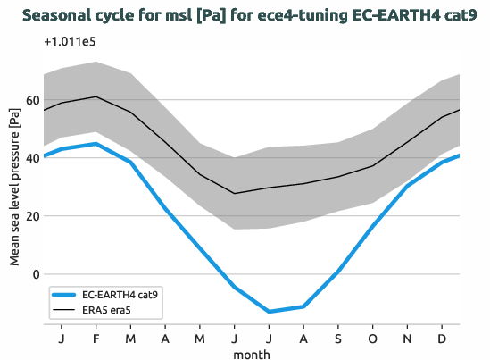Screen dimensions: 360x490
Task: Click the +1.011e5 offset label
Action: (71, 42)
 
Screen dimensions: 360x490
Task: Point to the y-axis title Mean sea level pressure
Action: (14, 188)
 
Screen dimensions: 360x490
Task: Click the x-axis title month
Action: (251, 354)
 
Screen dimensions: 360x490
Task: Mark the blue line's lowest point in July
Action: (270, 312)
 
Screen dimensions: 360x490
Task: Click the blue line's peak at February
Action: (96, 144)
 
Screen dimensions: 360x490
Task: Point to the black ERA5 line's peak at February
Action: (96, 96)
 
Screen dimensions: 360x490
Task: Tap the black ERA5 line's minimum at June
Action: (235, 193)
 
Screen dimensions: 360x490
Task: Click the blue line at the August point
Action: (304, 306)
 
